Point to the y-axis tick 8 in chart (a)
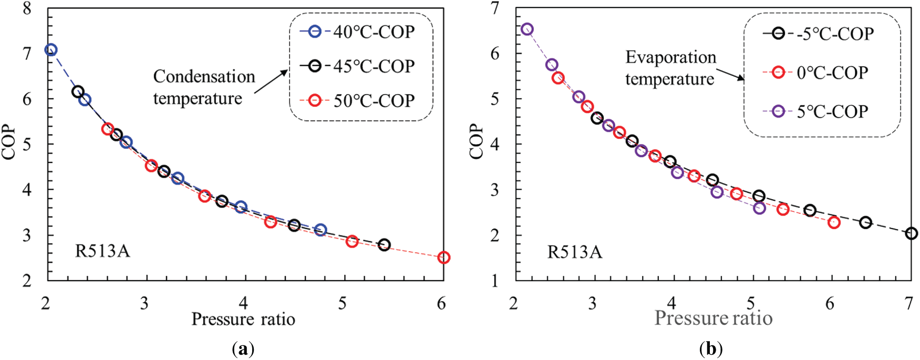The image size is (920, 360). [x=27, y=9]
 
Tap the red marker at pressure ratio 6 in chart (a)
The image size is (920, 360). [x=443, y=258]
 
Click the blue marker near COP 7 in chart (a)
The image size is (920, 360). [x=50, y=50]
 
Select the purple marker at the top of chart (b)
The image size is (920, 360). [x=527, y=29]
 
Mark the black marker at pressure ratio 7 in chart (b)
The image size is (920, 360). [x=912, y=233]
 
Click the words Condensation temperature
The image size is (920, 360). [x=204, y=87]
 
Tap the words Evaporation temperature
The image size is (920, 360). [x=670, y=68]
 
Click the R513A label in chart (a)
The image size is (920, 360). [x=102, y=251]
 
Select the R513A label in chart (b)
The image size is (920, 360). [x=575, y=252]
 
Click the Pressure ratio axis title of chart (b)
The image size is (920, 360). [x=713, y=318]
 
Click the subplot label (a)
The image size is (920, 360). [x=243, y=349]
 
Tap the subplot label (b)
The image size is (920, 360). [x=711, y=349]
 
